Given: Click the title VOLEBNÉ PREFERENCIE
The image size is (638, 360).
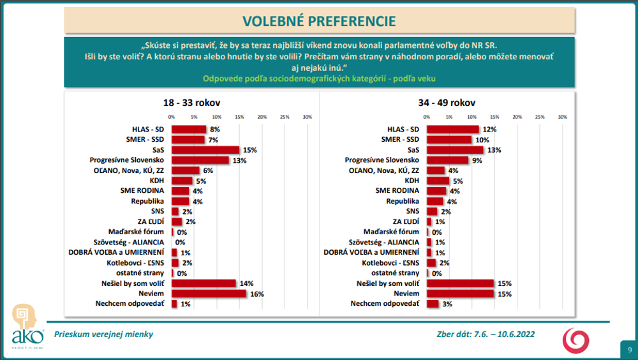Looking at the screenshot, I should (319, 21).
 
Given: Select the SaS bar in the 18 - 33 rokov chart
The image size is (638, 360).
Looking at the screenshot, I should (205, 150).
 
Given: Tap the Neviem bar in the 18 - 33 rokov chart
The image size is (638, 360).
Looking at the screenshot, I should (208, 294).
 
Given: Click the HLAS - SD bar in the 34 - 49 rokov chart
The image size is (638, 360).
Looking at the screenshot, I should (452, 130).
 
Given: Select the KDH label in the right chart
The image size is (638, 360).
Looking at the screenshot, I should (411, 181).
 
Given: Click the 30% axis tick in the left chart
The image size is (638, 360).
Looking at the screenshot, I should (307, 117).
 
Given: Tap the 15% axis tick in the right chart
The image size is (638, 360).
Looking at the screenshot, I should (494, 117).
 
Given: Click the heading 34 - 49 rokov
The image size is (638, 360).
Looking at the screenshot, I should (447, 102).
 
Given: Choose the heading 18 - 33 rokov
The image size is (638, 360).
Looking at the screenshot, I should (193, 102).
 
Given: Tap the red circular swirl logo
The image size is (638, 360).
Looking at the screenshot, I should (575, 339).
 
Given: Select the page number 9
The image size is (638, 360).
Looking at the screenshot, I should (629, 349).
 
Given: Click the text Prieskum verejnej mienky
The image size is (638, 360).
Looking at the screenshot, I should (103, 334).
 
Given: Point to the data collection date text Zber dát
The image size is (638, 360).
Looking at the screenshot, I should (485, 334).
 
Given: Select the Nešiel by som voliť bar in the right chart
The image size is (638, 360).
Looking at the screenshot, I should (460, 283).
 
